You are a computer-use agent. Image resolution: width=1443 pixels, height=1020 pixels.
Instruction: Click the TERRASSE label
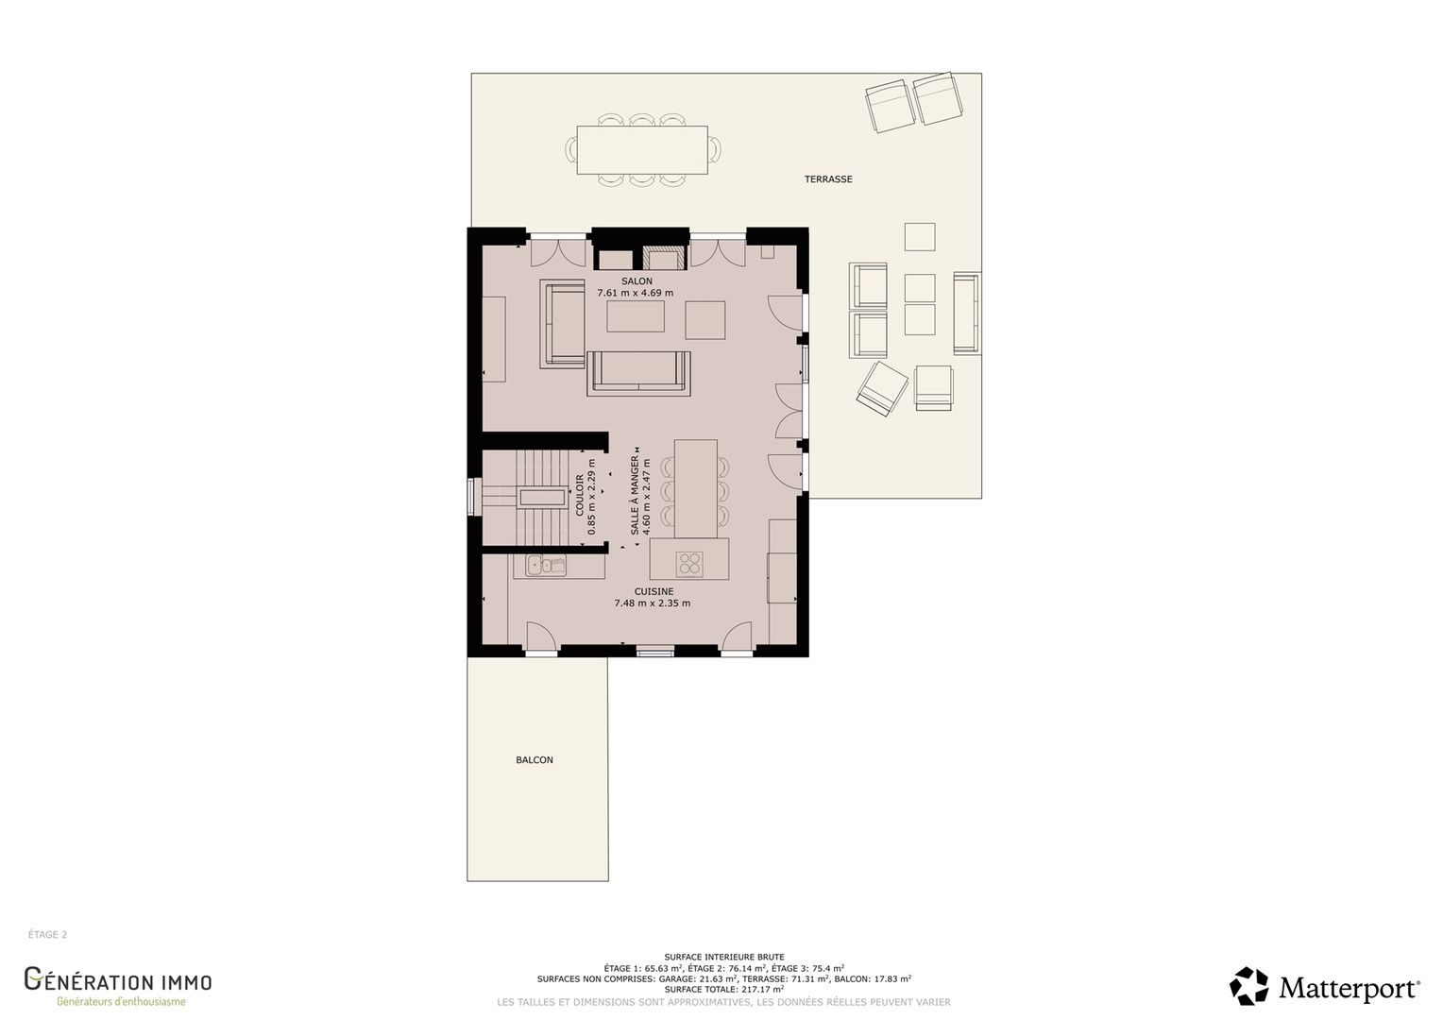[828, 179]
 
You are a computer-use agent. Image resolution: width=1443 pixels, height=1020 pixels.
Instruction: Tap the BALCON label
[534, 759]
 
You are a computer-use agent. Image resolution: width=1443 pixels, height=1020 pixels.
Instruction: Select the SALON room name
[637, 280]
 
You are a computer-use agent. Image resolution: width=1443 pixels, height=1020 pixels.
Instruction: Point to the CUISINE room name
[654, 591]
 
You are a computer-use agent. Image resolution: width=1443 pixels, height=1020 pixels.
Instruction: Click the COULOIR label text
[579, 495]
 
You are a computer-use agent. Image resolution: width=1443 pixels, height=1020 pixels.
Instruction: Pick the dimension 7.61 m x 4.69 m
[636, 293]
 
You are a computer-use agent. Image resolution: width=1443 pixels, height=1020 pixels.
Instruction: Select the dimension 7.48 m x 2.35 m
[652, 603]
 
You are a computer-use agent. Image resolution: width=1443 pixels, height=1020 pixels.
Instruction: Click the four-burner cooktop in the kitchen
[689, 564]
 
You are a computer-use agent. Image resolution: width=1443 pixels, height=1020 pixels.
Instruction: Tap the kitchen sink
[546, 566]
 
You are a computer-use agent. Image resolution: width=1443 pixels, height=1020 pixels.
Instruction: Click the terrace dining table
[642, 149]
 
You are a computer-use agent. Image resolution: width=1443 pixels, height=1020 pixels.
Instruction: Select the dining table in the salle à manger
[696, 489]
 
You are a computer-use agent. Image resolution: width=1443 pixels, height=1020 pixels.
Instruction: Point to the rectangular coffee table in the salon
[636, 316]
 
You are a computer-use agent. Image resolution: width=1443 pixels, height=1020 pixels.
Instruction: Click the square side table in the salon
[705, 319]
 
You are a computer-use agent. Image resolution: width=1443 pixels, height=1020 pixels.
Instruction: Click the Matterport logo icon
[1248, 987]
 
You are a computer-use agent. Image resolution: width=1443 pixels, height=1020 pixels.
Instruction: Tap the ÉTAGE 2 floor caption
[47, 934]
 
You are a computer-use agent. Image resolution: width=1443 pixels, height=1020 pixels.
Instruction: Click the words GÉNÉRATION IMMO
[118, 979]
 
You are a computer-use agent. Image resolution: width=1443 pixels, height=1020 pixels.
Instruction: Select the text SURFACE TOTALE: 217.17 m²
[724, 989]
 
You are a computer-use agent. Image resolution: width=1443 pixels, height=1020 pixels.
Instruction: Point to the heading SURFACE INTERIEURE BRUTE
[724, 957]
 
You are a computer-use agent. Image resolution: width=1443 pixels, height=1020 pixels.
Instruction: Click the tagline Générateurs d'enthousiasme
[121, 1001]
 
